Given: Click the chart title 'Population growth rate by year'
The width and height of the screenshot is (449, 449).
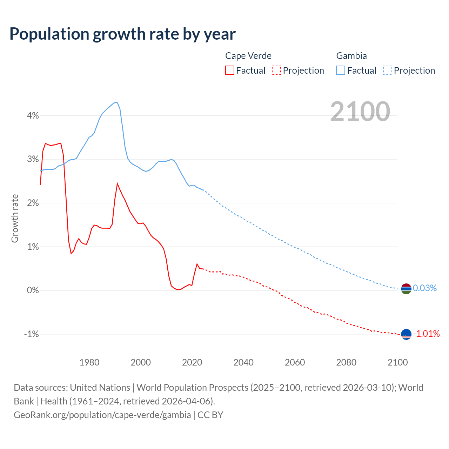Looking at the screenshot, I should click(x=122, y=34).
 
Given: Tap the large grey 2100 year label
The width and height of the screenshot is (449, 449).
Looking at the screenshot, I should click(x=360, y=112).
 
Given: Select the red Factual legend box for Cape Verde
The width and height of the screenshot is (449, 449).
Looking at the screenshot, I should click(x=230, y=70).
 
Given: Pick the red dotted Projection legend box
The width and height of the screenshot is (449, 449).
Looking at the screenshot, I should click(x=276, y=70).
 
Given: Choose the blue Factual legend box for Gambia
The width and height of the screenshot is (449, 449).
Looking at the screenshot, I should click(x=341, y=70).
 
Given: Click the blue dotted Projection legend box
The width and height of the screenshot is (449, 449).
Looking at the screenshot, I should click(x=388, y=70).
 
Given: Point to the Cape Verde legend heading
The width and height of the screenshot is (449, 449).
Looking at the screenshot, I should click(x=248, y=56).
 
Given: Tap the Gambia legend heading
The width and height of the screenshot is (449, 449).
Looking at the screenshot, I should click(x=351, y=56).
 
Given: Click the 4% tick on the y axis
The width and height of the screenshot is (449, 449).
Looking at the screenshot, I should click(x=33, y=115).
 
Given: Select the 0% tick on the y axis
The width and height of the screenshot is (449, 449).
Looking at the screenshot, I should click(x=33, y=290).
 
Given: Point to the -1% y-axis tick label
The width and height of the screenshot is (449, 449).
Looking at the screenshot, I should click(x=31, y=334).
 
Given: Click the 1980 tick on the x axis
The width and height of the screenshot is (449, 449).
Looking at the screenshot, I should click(x=89, y=362).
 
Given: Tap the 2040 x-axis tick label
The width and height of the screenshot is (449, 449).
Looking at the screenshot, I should click(x=243, y=362).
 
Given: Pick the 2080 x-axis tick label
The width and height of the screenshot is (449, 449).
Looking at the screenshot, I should click(x=346, y=362).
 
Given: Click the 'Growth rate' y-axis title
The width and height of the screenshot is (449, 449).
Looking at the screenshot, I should click(x=15, y=218).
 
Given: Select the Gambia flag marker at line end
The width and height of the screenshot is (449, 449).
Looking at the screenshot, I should click(x=406, y=289).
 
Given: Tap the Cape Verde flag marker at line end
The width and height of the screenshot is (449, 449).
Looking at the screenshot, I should click(x=406, y=334).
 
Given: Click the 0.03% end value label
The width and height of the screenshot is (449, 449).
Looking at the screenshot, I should click(x=425, y=288).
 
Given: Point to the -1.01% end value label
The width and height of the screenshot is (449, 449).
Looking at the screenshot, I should click(x=426, y=334).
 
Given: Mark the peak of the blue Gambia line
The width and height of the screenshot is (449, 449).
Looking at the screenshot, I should click(x=116, y=102).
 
